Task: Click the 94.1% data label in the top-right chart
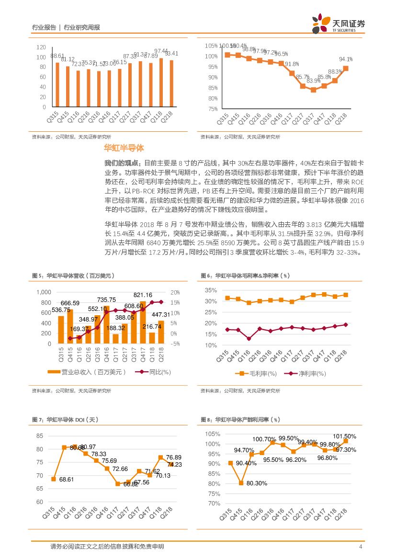point(346,59)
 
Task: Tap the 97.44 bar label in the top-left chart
point(161,51)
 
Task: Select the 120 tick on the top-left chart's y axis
point(41,47)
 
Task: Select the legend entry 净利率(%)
point(312,373)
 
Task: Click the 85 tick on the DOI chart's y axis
point(39,436)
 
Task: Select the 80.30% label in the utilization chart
point(257,483)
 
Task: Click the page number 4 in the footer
point(360,547)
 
